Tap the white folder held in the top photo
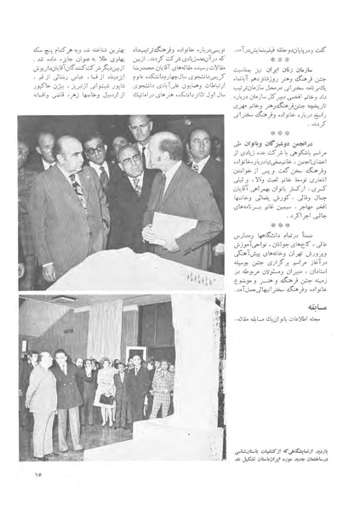167,226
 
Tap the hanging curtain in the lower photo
106,328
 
